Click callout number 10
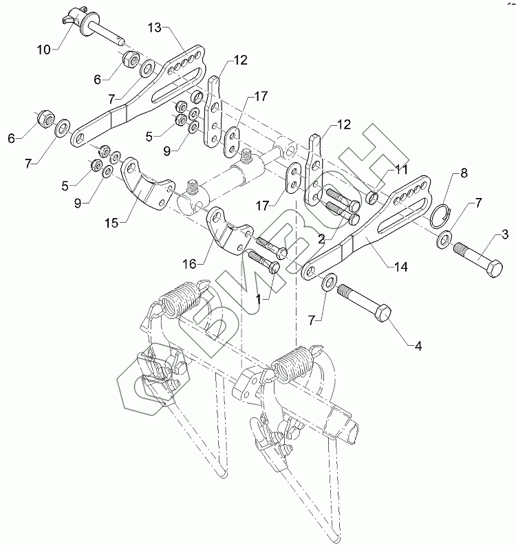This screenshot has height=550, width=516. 44,50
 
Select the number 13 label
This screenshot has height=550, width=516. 154,27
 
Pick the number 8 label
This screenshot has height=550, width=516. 464,173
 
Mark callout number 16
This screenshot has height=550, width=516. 190,263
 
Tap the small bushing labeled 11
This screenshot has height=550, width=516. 372,199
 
